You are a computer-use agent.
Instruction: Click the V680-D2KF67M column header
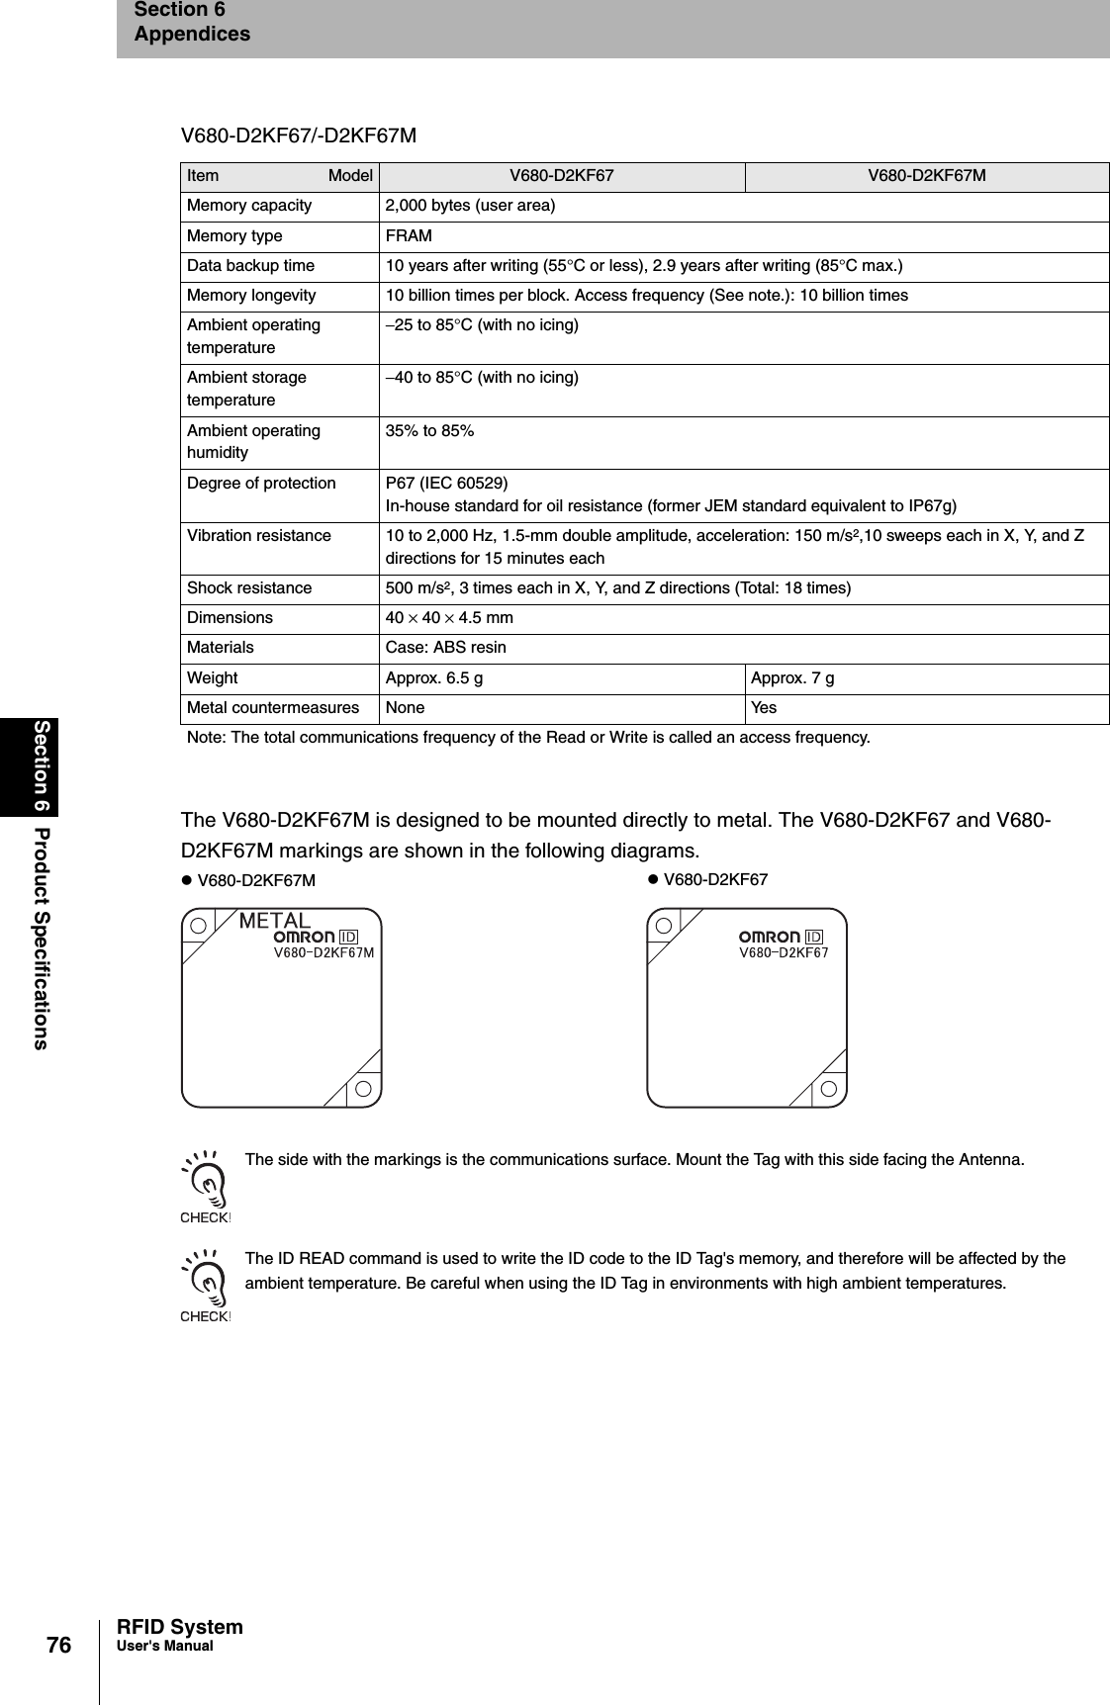pos(926,176)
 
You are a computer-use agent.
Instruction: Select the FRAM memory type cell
pos(408,236)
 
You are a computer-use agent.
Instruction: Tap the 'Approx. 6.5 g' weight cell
pos(434,678)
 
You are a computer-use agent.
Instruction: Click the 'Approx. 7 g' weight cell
pos(791,678)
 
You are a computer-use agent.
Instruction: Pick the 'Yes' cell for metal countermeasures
pos(764,708)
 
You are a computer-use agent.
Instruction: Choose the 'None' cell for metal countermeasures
pos(405,708)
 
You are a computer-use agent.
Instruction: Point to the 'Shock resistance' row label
pos(249,588)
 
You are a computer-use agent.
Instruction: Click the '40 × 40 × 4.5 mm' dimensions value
pos(448,618)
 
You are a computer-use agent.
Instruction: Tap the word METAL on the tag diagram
pos(275,920)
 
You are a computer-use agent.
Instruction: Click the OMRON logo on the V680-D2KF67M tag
pos(304,937)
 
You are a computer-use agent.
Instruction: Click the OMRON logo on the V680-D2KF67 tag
pos(770,937)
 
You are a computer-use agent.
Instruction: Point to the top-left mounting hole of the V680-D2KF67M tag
pos(199,926)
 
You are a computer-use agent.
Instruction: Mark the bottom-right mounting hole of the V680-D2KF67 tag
pos(829,1089)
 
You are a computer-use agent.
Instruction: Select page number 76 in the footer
pos(59,1646)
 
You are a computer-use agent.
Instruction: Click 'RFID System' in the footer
pos(179,1627)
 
